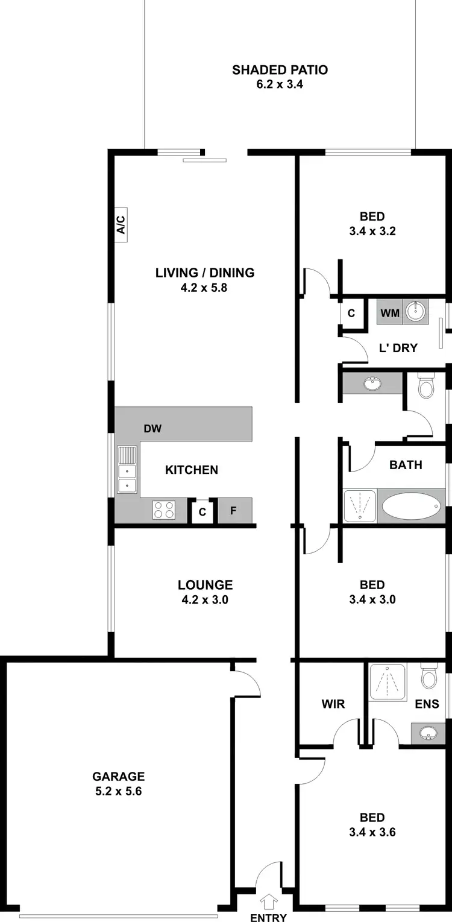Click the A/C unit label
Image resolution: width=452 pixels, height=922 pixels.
coord(120,225)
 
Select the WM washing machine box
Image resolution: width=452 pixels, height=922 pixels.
coord(389,313)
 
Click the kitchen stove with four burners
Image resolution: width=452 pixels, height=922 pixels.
coord(163,510)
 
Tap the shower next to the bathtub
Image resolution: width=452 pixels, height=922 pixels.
coord(360,505)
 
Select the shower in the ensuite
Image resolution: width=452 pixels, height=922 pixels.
coord(388,682)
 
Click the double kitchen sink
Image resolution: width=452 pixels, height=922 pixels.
coord(127,470)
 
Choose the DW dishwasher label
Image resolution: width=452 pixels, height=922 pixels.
coord(152,429)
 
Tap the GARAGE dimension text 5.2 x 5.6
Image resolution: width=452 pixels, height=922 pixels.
coord(118,792)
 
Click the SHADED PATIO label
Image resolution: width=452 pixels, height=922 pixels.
coord(280,70)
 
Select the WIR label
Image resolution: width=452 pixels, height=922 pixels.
coord(333,704)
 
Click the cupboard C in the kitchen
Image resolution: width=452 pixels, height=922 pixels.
coord(202,512)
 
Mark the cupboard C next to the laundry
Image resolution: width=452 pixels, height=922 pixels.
coord(351,314)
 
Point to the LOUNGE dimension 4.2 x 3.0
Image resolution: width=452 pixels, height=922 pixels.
coord(205,599)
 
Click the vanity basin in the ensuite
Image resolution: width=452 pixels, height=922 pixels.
coord(428,733)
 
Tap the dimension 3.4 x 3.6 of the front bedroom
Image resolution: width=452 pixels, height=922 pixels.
coord(372,832)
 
